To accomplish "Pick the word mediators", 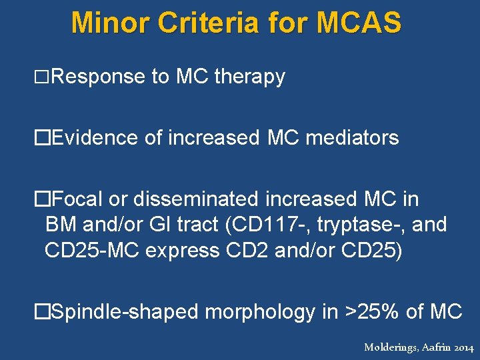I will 351,138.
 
